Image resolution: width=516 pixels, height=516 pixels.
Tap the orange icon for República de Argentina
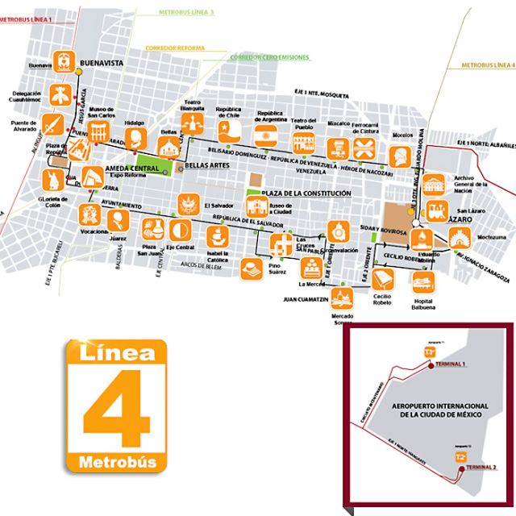(x=266, y=133)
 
